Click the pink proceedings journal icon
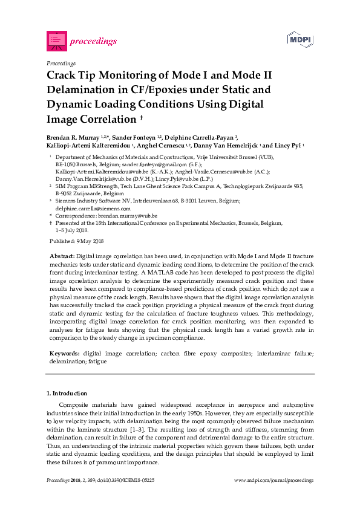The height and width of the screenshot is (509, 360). [56, 41]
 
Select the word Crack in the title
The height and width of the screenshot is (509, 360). [63, 76]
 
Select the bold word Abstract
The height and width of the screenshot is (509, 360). [62, 257]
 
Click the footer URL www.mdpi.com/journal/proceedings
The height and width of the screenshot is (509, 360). [273, 480]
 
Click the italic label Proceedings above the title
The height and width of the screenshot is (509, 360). [61, 63]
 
